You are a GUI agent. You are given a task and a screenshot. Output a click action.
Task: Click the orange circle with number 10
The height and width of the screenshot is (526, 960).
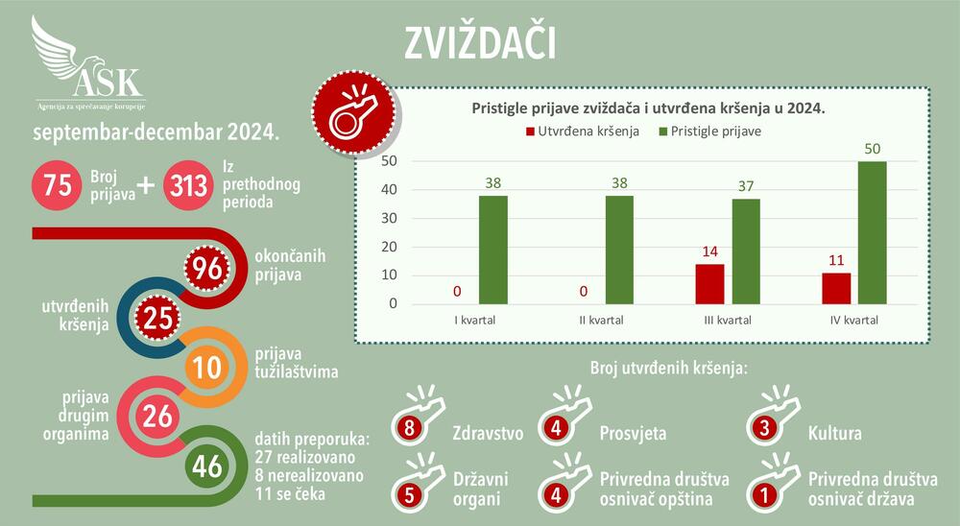pyautogui.click(x=206, y=366)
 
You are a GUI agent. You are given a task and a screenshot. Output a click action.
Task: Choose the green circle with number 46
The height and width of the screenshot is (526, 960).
pyautogui.click(x=206, y=466)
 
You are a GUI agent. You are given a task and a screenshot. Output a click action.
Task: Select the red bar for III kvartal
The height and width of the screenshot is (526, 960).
pyautogui.click(x=709, y=284)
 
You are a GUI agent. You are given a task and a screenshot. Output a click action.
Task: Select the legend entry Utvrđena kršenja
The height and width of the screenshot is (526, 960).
pyautogui.click(x=581, y=131)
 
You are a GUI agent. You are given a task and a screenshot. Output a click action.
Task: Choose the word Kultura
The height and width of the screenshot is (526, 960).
pyautogui.click(x=834, y=434)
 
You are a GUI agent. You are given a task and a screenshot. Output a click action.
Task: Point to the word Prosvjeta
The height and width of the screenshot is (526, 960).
pyautogui.click(x=633, y=434)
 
